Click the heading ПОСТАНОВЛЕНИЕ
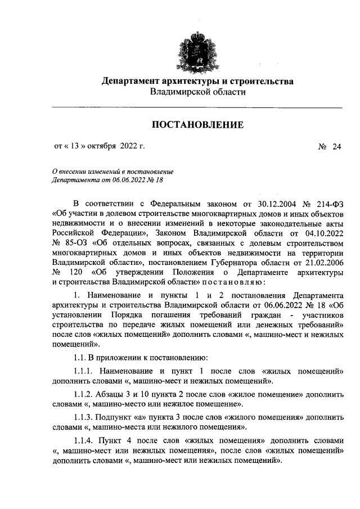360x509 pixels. [x=196, y=124]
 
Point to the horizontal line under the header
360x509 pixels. [x=196, y=107]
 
